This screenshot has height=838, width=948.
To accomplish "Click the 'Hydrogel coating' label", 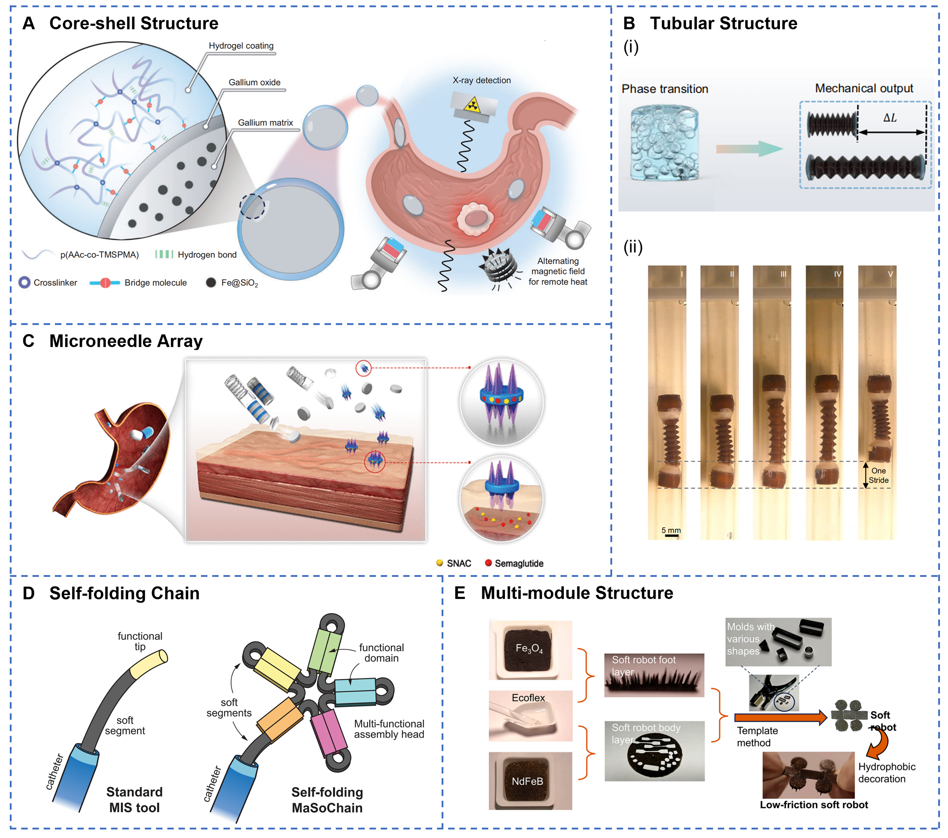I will pyautogui.click(x=241, y=45).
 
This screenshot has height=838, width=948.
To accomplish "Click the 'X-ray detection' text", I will pyautogui.click(x=481, y=80).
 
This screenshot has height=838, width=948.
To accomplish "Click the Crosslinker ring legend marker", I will pyautogui.click(x=25, y=283).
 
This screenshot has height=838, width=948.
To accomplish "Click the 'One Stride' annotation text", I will pyautogui.click(x=878, y=475).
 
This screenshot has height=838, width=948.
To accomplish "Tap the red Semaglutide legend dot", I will pyautogui.click(x=488, y=563).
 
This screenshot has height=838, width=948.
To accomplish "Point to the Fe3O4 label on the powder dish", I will pyautogui.click(x=529, y=648).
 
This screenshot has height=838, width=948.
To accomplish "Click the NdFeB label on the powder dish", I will pyautogui.click(x=527, y=782).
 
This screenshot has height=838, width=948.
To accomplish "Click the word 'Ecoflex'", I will pyautogui.click(x=528, y=698).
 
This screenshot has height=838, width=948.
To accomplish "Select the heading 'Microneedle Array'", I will pyautogui.click(x=126, y=341).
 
